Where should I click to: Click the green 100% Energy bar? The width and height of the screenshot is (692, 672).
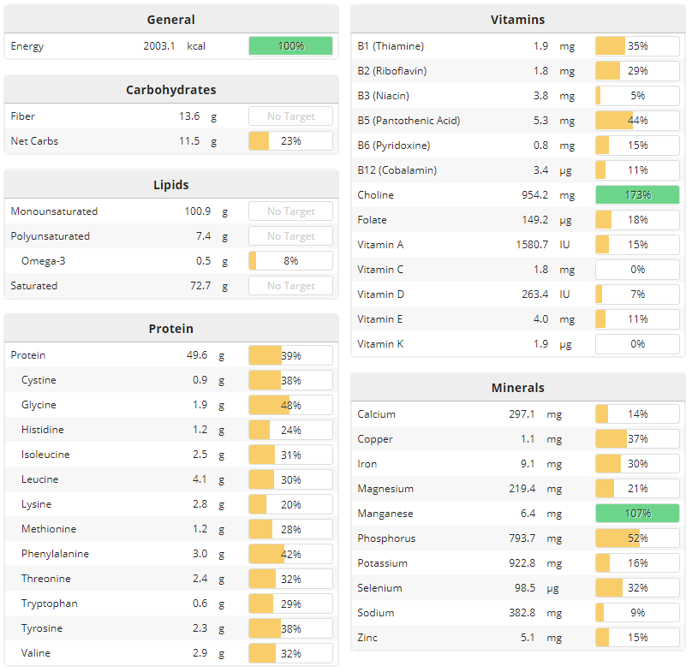[290, 46]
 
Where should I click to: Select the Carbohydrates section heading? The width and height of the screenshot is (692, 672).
[170, 90]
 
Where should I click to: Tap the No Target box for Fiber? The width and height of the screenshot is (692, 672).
[290, 116]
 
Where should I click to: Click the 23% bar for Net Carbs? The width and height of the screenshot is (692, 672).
[290, 141]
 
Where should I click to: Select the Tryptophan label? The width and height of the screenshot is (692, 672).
[49, 604]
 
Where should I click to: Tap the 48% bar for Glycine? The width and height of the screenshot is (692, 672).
[290, 405]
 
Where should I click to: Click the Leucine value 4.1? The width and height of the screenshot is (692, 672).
[200, 479]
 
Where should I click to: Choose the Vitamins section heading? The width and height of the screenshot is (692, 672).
[517, 20]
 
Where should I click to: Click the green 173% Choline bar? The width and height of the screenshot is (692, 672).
[637, 195]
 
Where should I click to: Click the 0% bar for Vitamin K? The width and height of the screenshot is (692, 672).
[637, 344]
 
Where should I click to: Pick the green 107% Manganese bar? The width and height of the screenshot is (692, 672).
[637, 514]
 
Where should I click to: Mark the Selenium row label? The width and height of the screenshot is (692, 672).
[379, 588]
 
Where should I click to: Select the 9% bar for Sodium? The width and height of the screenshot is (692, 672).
[637, 613]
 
